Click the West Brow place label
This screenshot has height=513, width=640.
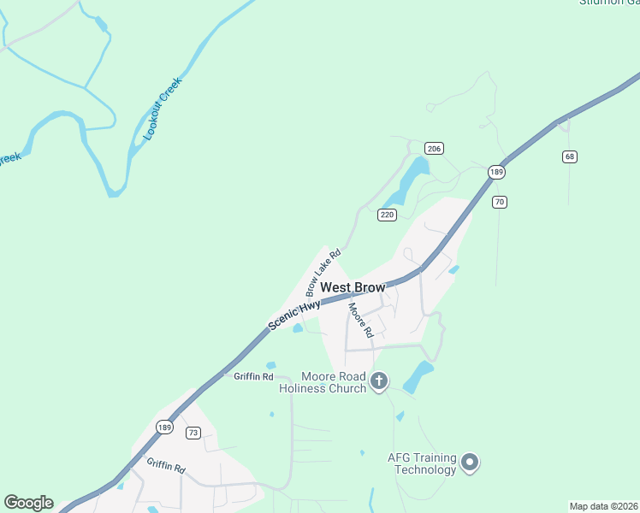tap(353, 288)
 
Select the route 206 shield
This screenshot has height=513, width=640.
tap(434, 149)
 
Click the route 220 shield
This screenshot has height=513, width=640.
tap(387, 215)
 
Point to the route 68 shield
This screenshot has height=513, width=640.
tap(570, 156)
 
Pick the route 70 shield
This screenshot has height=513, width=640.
tap(501, 203)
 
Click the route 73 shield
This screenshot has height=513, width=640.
tap(193, 433)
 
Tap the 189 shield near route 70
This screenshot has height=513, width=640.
tap(495, 172)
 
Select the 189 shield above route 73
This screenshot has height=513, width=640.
tap(165, 426)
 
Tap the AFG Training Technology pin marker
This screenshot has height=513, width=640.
tap(469, 463)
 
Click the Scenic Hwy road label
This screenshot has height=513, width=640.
tap(294, 314)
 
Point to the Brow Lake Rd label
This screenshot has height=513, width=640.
tap(323, 272)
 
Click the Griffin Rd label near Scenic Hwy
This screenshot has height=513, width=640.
tap(253, 376)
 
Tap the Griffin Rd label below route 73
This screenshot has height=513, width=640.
tap(165, 466)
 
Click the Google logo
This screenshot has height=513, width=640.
tap(28, 503)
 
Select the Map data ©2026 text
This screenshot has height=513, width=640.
tap(603, 506)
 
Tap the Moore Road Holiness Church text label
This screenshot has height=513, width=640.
tap(323, 382)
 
